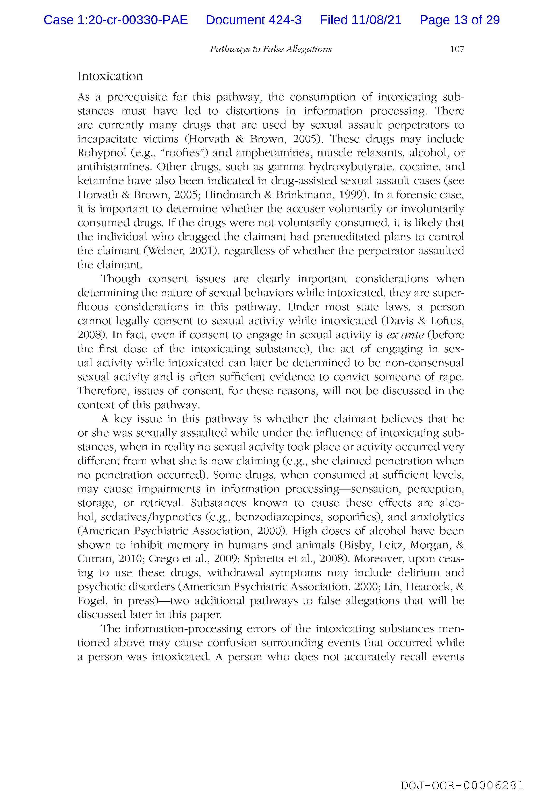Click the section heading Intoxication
[x=110, y=76]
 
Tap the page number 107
[x=457, y=49]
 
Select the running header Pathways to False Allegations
[x=271, y=49]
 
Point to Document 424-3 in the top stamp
[x=254, y=20]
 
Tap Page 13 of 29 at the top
[x=460, y=20]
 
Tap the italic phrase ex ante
[x=405, y=335]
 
